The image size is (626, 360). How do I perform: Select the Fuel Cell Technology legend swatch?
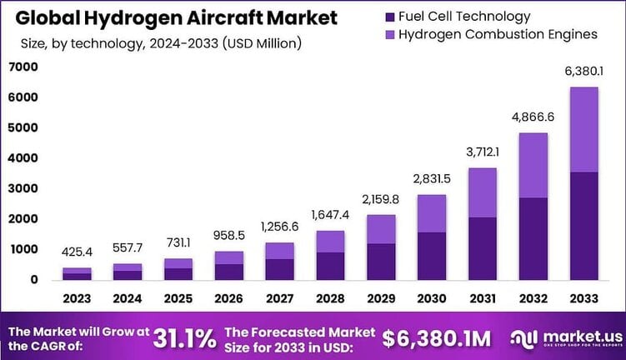(389, 17)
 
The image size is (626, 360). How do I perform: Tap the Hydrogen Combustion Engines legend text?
(498, 34)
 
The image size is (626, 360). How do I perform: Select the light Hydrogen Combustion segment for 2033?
(584, 129)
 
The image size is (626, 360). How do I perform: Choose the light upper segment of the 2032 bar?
(533, 165)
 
